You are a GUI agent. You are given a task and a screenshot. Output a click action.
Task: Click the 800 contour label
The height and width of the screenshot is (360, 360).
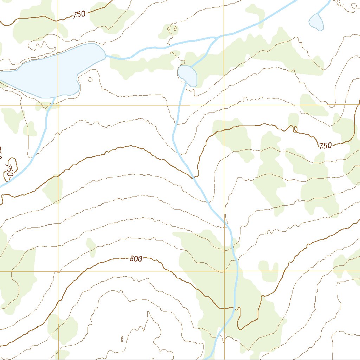(x=136, y=259)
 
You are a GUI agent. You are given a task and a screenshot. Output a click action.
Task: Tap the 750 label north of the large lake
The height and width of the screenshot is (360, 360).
(x=79, y=14)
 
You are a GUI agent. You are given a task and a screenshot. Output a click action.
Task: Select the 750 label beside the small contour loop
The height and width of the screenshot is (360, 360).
(x=326, y=146)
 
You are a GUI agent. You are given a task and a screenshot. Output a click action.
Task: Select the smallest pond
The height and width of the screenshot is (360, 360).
(x=316, y=22)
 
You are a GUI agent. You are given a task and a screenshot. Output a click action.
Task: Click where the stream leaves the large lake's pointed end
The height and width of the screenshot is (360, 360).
(x=106, y=56)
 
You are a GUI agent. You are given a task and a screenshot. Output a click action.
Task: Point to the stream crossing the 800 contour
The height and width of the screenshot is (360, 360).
(x=234, y=308)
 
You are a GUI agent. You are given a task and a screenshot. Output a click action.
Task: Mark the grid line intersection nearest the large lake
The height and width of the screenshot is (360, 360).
(x=58, y=105)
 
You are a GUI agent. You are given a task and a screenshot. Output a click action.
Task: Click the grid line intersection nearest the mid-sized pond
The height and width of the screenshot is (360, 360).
(x=224, y=105)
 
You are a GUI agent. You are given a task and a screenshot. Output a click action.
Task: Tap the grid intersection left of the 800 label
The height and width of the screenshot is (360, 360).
(x=58, y=271)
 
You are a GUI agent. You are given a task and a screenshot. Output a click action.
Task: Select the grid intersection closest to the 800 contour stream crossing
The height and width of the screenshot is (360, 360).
(x=224, y=271)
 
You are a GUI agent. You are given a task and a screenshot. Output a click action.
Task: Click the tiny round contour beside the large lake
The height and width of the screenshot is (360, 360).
(x=90, y=79)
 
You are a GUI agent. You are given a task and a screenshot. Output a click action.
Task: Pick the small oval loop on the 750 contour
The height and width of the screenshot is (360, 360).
(x=295, y=130)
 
